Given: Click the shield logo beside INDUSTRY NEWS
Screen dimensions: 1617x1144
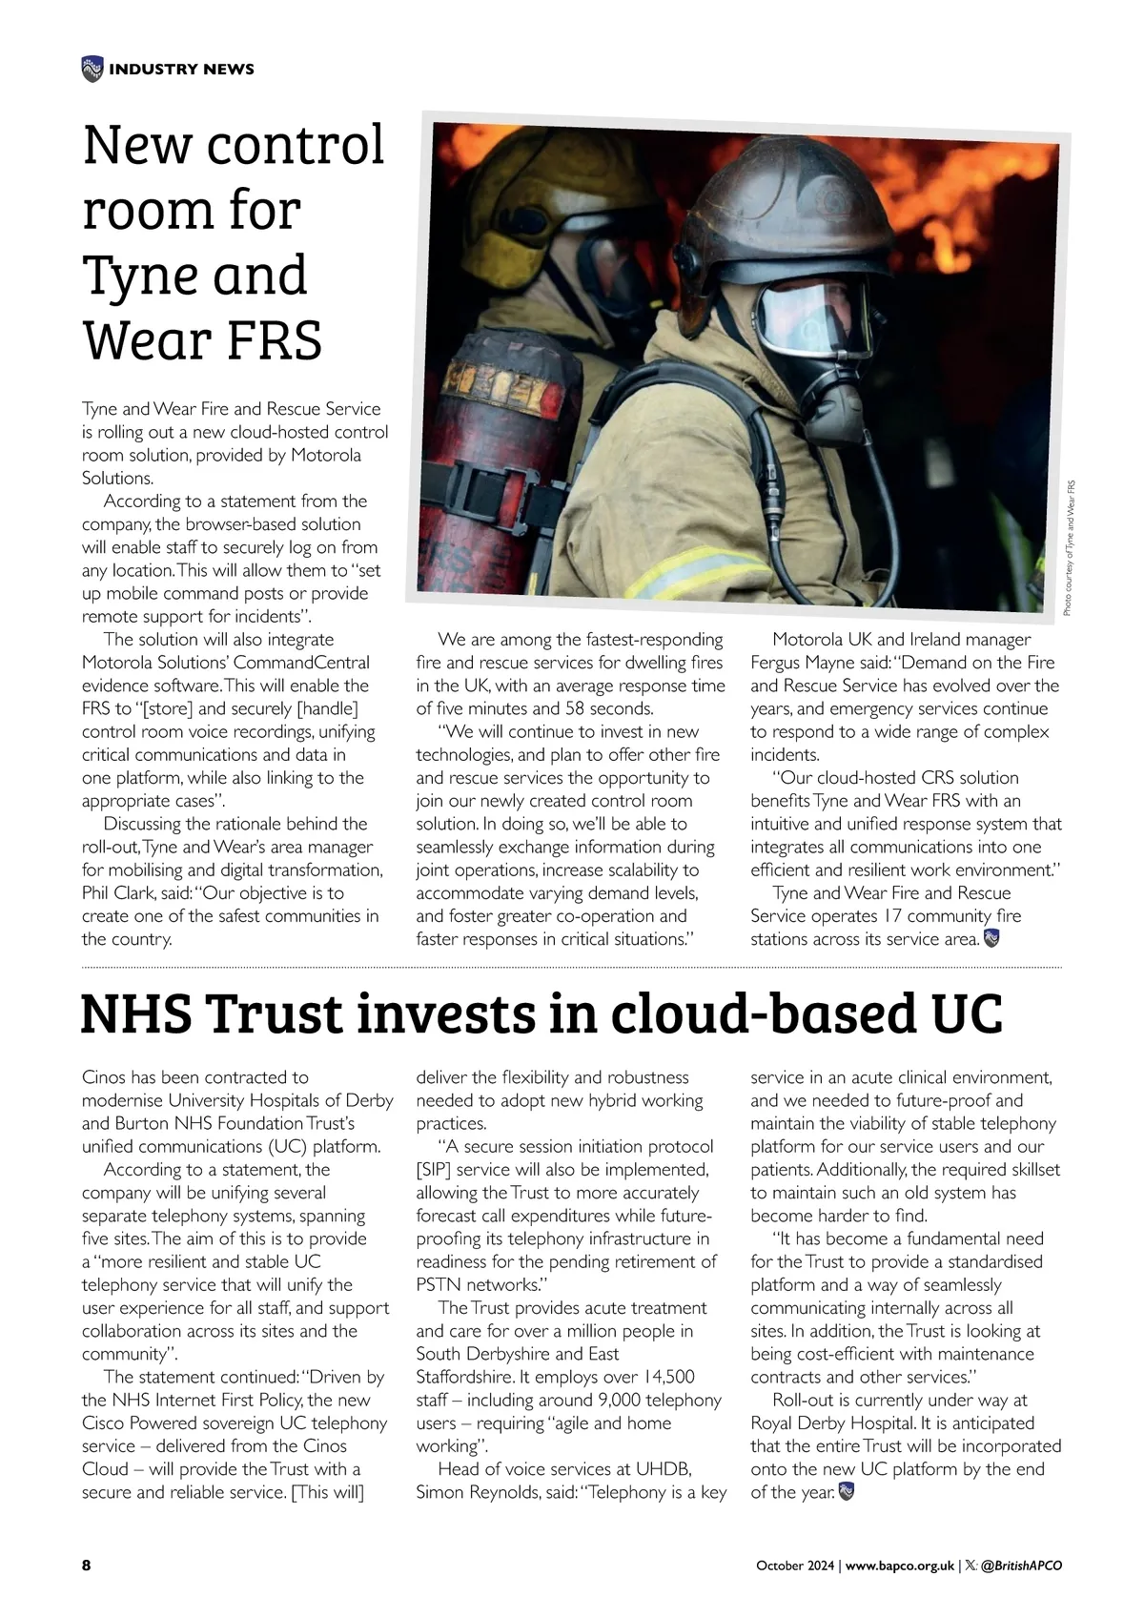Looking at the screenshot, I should coord(92,69).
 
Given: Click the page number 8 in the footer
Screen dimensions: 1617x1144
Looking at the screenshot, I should coord(87,1566).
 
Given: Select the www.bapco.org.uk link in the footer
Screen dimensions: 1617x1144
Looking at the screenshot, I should coord(900,1566).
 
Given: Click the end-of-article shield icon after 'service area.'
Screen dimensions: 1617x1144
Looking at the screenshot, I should coord(992,939).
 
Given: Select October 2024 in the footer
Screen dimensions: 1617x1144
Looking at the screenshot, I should coord(795,1566).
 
